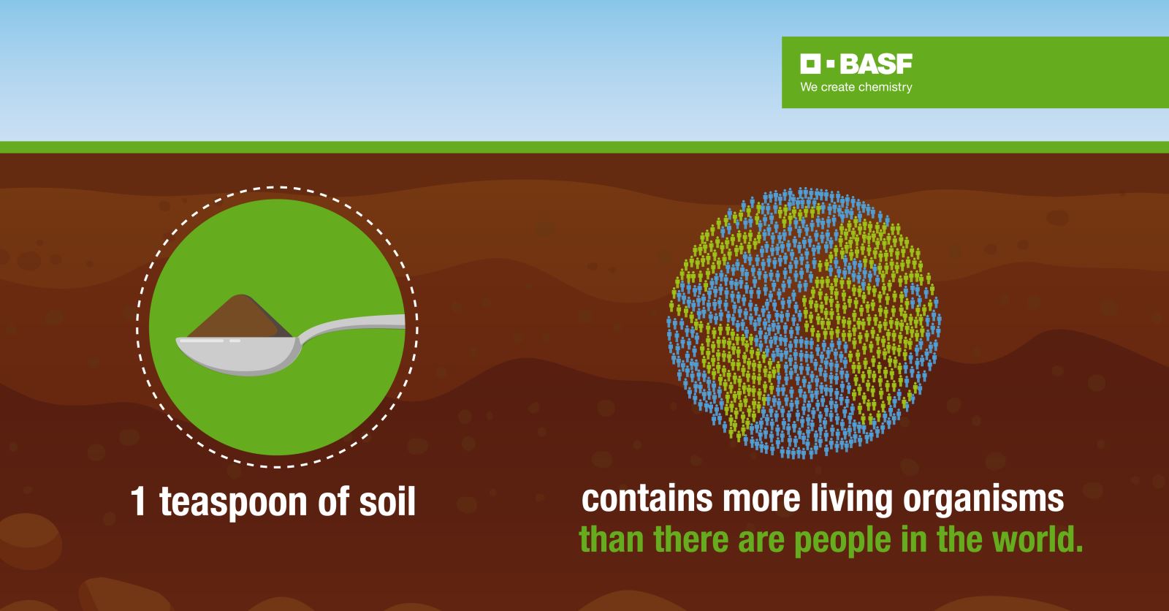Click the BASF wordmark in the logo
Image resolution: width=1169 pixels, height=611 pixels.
(x=876, y=64)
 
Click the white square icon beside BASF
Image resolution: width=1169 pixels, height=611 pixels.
(x=810, y=64)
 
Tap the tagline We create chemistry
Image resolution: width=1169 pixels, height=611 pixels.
(x=856, y=87)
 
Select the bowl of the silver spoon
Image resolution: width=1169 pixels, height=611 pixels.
(x=238, y=355)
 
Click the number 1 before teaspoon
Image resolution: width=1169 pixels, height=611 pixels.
(x=138, y=501)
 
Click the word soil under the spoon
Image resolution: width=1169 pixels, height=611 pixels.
(x=387, y=501)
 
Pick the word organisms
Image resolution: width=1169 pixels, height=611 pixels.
(x=983, y=500)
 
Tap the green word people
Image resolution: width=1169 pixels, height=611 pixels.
(x=842, y=541)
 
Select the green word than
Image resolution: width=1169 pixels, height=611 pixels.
(x=611, y=539)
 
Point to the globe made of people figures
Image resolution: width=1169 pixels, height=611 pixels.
(x=804, y=323)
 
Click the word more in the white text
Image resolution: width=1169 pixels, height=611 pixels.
(x=761, y=500)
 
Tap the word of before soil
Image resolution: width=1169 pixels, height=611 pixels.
(x=334, y=501)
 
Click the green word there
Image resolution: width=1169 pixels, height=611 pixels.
(x=690, y=539)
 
